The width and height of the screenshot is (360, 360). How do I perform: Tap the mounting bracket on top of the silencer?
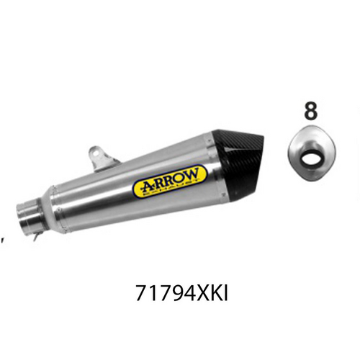(94, 154)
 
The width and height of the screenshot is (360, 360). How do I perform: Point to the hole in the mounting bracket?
(94, 153)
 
